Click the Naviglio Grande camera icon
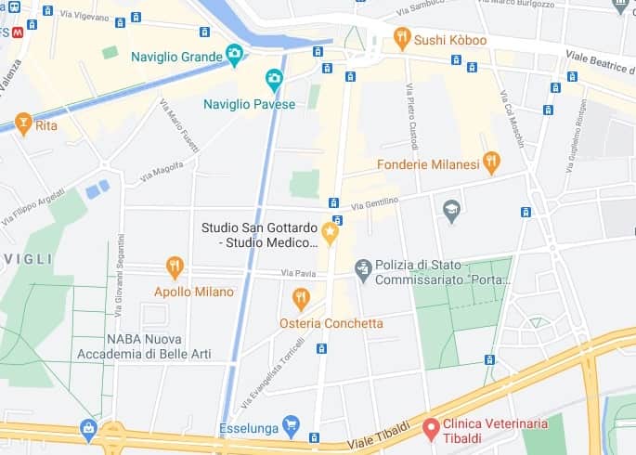click(x=235, y=54)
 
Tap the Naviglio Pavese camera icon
click(x=274, y=79)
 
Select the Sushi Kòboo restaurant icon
click(x=401, y=37)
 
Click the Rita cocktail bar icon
click(x=23, y=123)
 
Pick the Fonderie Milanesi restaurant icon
click(x=491, y=163)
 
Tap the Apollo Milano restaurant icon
click(x=175, y=266)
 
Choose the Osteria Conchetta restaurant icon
click(x=300, y=298)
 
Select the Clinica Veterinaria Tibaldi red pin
click(x=431, y=428)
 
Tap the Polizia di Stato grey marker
click(x=363, y=269)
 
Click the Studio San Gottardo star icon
click(x=330, y=229)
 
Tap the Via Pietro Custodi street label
click(x=410, y=116)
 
